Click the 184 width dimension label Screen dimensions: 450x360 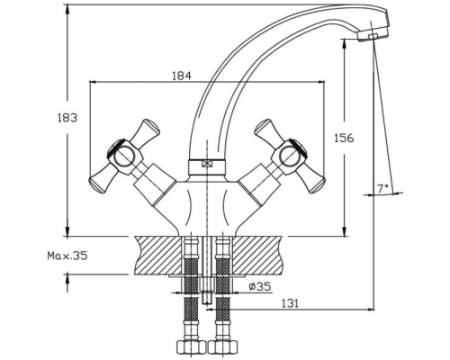click(x=182, y=76)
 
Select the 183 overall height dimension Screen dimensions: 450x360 click(x=67, y=118)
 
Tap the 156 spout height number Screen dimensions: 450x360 click(x=344, y=138)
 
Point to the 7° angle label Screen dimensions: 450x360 click(x=382, y=188)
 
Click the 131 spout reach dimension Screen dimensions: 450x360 click(x=290, y=303)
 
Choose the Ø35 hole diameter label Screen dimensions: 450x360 click(x=260, y=287)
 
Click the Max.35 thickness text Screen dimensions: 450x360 click(x=67, y=256)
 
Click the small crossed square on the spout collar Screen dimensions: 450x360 click(x=207, y=164)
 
